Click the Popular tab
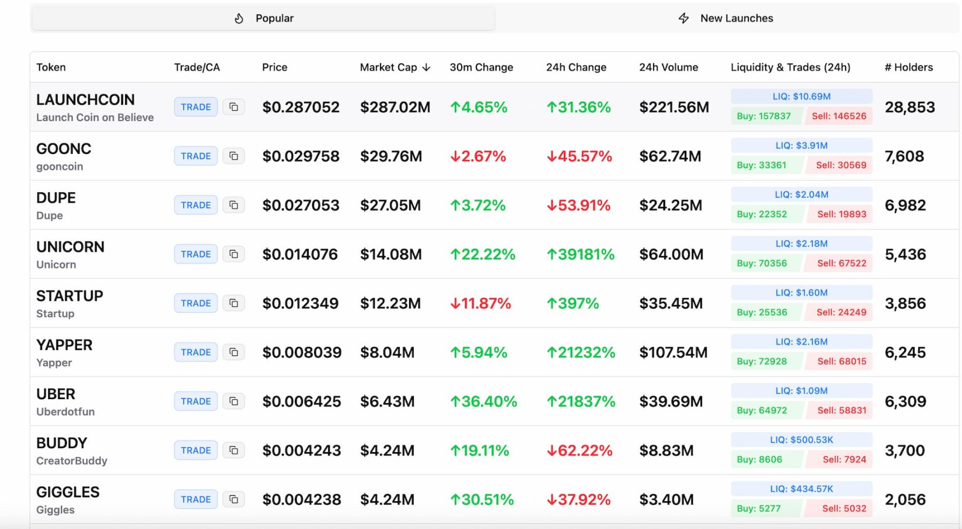(x=263, y=19)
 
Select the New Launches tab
(x=726, y=19)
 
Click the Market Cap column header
(x=395, y=67)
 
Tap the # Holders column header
(x=909, y=67)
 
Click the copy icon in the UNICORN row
(x=234, y=254)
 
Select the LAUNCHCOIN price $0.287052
(x=301, y=107)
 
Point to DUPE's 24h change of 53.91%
(x=578, y=205)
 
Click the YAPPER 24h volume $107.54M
(x=673, y=353)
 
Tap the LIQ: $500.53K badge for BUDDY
(x=801, y=440)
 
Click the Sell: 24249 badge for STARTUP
(x=841, y=312)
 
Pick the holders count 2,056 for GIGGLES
(x=905, y=500)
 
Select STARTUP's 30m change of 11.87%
(x=480, y=304)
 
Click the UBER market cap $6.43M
(x=387, y=402)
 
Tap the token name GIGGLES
(x=68, y=492)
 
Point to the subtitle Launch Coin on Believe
(x=95, y=118)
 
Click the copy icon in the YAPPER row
(x=234, y=352)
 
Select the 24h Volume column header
(x=669, y=67)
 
